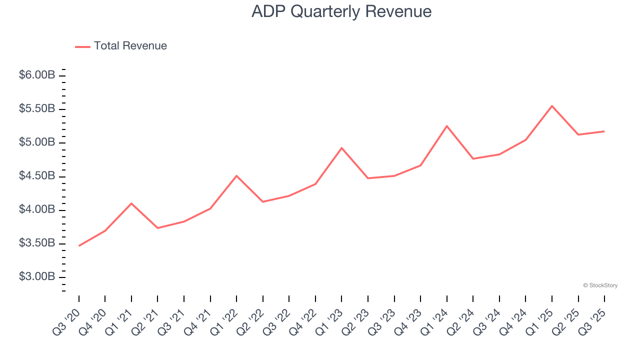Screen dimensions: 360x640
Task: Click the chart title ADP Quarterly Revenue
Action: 341,11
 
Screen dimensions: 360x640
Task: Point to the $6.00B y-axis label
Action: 37,75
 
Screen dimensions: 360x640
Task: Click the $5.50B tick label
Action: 37,109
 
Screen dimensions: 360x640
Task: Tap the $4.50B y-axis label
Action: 37,176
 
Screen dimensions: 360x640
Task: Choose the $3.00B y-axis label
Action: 37,277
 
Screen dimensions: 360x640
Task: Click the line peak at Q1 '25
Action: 552,106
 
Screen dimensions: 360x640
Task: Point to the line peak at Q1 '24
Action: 446,126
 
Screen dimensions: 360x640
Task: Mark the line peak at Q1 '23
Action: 341,148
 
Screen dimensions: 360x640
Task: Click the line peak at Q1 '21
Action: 131,203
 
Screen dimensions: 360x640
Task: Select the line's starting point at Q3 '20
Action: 79,245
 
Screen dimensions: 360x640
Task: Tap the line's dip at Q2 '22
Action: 263,201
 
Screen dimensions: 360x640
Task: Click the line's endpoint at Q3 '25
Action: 604,131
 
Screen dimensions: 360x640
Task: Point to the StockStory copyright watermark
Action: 600,285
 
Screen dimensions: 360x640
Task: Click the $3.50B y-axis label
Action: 37,243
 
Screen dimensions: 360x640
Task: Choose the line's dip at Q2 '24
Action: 473,158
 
